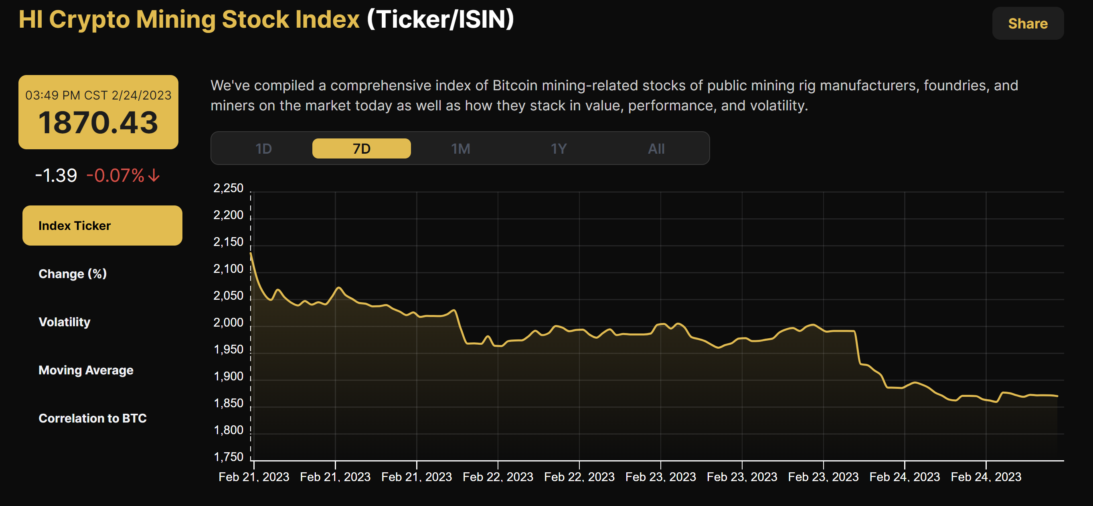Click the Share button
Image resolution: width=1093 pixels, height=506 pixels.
pyautogui.click(x=1027, y=23)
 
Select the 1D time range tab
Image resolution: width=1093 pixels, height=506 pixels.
pyautogui.click(x=263, y=148)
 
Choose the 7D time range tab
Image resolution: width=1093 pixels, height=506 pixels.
pyautogui.click(x=362, y=148)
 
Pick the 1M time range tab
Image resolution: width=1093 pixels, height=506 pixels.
pyautogui.click(x=460, y=148)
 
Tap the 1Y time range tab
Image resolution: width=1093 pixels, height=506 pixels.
pyautogui.click(x=559, y=148)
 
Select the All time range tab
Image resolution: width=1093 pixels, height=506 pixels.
pyautogui.click(x=656, y=148)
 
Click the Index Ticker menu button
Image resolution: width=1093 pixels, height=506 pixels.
pyautogui.click(x=102, y=226)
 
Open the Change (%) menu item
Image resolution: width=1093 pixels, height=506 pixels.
pyautogui.click(x=73, y=274)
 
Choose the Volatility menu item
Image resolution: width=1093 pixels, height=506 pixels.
pyautogui.click(x=65, y=322)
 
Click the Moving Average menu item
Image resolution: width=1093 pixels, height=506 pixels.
pyautogui.click(x=86, y=370)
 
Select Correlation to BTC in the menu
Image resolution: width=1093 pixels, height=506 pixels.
pyautogui.click(x=93, y=418)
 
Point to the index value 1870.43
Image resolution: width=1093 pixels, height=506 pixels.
pyautogui.click(x=98, y=123)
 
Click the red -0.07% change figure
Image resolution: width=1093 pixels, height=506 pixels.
pyautogui.click(x=115, y=175)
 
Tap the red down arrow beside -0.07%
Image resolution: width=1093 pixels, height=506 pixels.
pyautogui.click(x=154, y=175)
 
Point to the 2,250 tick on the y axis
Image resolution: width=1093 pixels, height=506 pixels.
pyautogui.click(x=228, y=188)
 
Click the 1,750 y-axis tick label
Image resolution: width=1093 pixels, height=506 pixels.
pyautogui.click(x=228, y=457)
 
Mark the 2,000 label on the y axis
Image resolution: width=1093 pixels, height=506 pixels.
pyautogui.click(x=228, y=323)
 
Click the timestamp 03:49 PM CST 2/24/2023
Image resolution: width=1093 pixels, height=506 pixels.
pyautogui.click(x=98, y=95)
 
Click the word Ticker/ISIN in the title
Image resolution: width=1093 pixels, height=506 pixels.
pyautogui.click(x=440, y=20)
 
